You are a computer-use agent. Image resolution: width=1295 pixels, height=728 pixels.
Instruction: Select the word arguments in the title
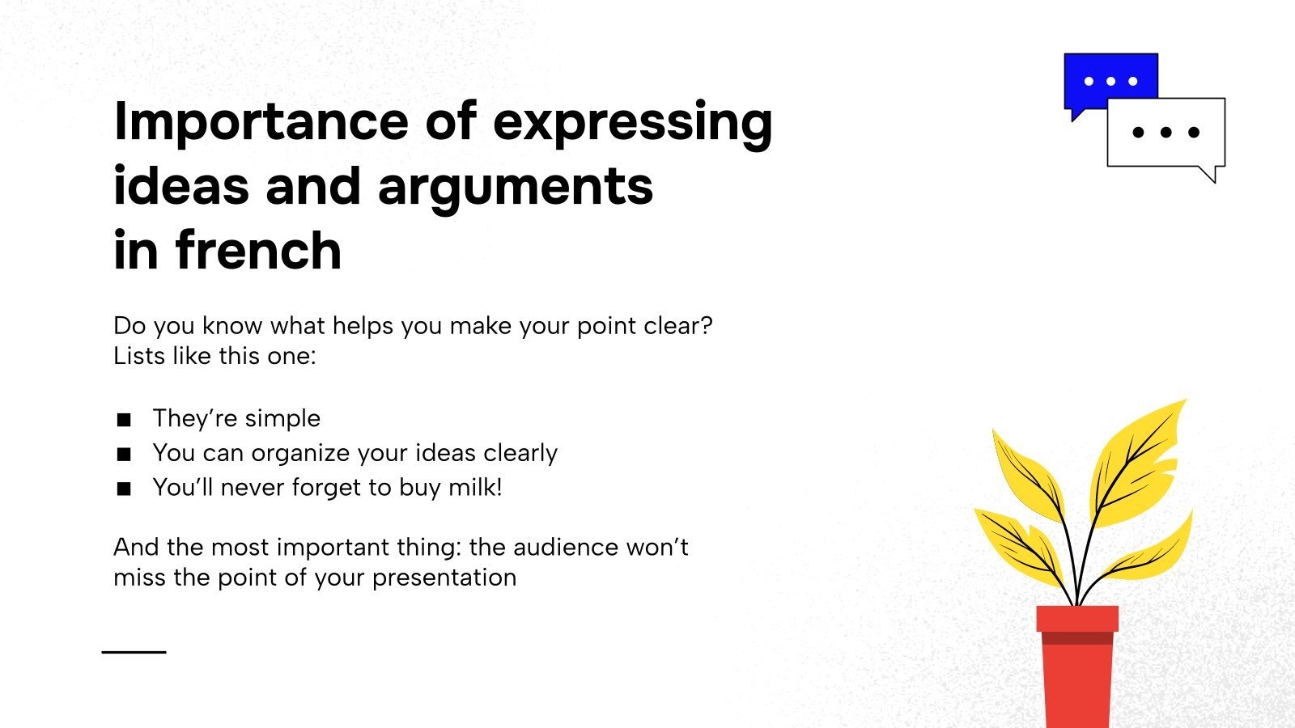515,187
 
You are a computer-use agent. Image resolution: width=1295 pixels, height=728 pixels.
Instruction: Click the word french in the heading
258,250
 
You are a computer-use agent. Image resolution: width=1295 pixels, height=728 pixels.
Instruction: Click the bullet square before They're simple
124,419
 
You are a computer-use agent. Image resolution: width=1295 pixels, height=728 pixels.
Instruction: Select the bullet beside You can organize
124,454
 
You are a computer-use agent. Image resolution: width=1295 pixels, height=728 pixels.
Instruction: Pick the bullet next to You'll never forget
124,489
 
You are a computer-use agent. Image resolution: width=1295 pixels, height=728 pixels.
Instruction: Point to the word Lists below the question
139,356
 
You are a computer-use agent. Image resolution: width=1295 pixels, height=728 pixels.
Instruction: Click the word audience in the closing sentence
566,548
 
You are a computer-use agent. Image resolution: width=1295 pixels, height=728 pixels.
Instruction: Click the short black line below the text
134,651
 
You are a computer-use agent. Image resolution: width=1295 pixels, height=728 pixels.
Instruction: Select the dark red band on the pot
1076,638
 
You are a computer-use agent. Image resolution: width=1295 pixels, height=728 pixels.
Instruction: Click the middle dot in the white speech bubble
1165,132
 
